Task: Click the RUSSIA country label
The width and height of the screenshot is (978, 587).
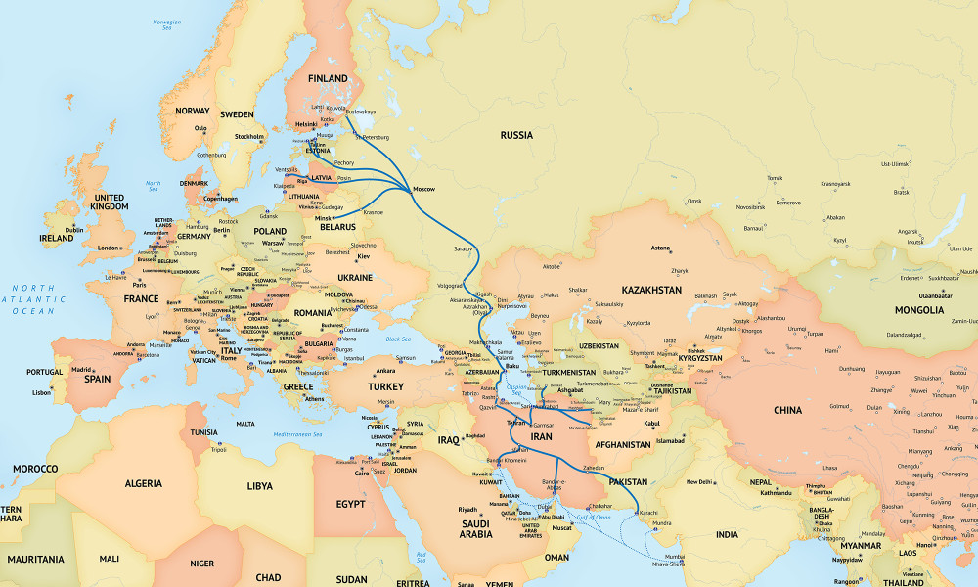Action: coord(516,135)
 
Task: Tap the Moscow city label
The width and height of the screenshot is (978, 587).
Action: coord(424,188)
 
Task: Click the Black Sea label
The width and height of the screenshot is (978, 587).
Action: coord(398,339)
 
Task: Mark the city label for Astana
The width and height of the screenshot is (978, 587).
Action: coord(661,248)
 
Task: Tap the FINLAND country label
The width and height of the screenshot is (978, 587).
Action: coord(328,78)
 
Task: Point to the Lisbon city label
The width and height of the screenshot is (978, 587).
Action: coord(41,391)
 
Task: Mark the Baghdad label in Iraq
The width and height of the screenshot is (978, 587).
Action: coord(475,435)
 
